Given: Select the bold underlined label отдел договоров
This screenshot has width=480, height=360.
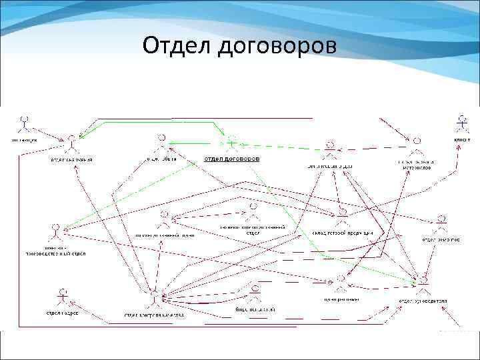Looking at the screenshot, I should pyautogui.click(x=231, y=159).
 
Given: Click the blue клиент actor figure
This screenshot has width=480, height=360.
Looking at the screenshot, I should pyautogui.click(x=460, y=123).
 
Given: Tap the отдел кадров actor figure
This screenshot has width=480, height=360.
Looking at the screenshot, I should pyautogui.click(x=63, y=296).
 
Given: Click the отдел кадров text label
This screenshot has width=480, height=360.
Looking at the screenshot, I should pyautogui.click(x=62, y=313).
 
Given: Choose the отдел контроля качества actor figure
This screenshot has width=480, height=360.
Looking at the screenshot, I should pyautogui.click(x=155, y=297).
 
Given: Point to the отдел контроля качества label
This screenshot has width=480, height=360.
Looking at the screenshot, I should pyautogui.click(x=155, y=315).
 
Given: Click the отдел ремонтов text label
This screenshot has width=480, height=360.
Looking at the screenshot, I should pyautogui.click(x=440, y=239).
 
